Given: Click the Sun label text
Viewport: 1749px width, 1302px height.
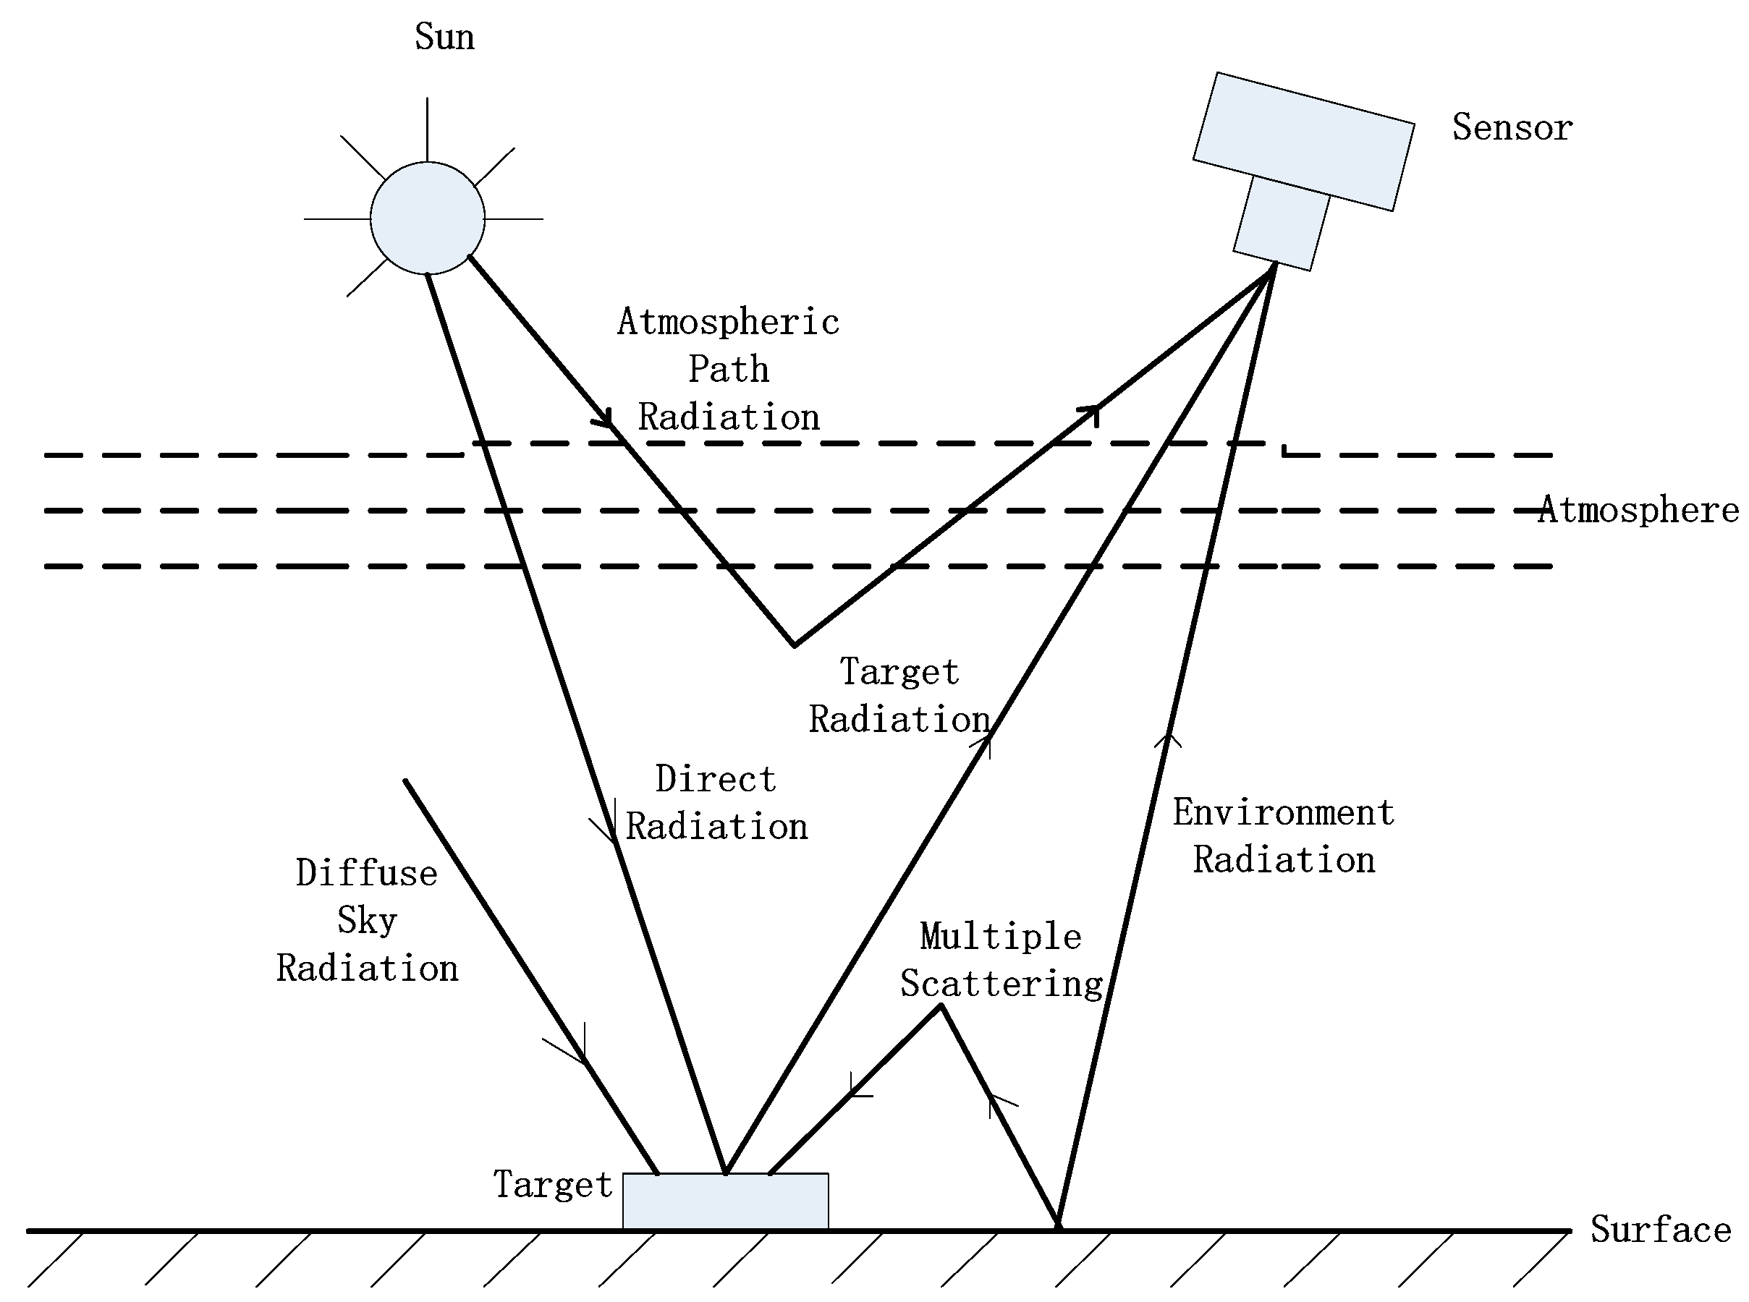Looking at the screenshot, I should click(444, 37).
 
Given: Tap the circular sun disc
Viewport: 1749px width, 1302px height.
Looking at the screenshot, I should click(428, 218).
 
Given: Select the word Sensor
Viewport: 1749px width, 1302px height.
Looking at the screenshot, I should click(1512, 128).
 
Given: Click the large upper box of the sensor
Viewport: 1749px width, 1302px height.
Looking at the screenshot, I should click(1303, 142).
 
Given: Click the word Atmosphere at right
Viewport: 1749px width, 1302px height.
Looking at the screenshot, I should click(1638, 509).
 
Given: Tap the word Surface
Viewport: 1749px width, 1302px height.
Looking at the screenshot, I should click(1660, 1229).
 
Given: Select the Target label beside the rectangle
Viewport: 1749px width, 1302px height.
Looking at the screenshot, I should click(552, 1184).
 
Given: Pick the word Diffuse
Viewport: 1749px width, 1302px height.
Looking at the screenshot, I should click(367, 873).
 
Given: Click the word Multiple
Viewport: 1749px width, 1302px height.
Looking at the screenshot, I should click(1000, 936).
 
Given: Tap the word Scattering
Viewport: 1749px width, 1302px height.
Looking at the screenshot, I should click(1001, 984).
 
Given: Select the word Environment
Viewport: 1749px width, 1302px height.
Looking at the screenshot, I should click(1283, 812).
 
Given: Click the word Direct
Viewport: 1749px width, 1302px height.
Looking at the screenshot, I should click(715, 779).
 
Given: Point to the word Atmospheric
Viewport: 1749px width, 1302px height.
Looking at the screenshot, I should click(728, 322).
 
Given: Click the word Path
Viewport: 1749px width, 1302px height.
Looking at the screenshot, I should click(728, 369).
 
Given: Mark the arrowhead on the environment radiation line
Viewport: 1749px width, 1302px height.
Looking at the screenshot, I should click(1168, 739).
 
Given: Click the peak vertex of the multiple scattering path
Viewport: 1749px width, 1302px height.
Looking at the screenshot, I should click(941, 1006).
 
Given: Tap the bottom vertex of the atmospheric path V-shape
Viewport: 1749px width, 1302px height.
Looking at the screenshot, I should click(794, 645).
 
